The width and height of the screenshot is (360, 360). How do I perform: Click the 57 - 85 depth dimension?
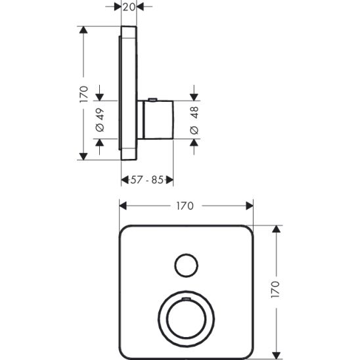(147, 179)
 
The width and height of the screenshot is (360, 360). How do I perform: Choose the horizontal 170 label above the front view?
(185, 206)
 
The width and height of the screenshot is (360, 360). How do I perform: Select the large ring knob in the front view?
(186, 319)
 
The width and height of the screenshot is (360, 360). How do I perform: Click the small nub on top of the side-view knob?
(152, 100)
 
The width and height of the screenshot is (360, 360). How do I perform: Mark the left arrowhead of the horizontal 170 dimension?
(122, 206)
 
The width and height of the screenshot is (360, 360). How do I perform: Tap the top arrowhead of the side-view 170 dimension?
(83, 29)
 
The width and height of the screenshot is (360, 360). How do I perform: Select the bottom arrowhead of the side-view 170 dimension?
(83, 157)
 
